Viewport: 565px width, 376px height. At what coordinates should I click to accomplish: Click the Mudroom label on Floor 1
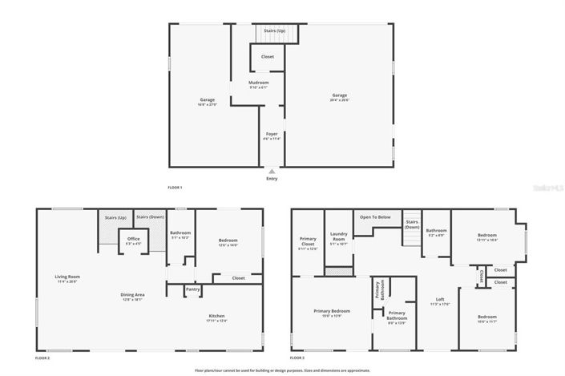point(258,83)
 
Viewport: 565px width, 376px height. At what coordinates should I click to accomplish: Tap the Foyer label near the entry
point(272,135)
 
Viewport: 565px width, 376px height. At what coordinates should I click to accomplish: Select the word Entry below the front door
point(272,179)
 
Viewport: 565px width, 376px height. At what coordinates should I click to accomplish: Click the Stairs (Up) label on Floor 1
point(275,30)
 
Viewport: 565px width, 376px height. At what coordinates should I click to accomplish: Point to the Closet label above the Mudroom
point(267,57)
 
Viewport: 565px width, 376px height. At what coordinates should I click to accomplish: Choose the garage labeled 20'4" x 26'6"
point(340,96)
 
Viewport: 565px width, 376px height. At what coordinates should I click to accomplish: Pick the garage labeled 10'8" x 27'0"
point(207,101)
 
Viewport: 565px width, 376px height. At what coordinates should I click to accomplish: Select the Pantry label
point(192,289)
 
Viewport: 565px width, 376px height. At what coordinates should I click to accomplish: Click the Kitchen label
point(216,316)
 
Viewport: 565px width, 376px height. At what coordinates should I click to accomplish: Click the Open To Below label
point(375,216)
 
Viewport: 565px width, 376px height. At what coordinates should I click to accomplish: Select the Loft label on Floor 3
point(440,299)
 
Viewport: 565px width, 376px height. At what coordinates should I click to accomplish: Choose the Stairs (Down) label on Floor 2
point(149,217)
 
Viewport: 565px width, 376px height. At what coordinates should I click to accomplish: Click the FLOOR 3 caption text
point(297,357)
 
